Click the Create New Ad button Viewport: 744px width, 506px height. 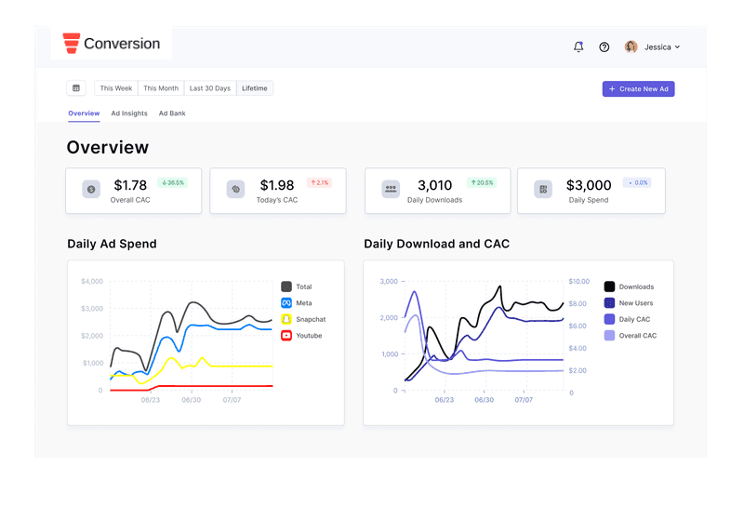[x=638, y=88]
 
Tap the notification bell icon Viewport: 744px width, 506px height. [x=578, y=47]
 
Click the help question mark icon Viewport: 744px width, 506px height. [x=604, y=47]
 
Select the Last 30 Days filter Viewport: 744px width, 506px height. [x=210, y=88]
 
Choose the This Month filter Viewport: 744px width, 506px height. [x=161, y=88]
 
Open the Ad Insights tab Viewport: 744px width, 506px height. [x=129, y=113]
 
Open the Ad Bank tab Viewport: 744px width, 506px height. [x=172, y=113]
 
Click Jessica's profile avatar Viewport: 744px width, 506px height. [x=631, y=47]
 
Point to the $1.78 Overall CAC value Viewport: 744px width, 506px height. [x=130, y=185]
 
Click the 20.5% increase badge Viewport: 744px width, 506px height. [x=482, y=182]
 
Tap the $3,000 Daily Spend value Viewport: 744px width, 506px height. [x=589, y=185]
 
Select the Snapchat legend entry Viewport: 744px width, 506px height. [x=304, y=319]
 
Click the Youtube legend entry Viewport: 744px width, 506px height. [x=301, y=336]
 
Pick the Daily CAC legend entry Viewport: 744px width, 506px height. [x=627, y=319]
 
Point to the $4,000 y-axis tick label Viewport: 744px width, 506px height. [x=92, y=282]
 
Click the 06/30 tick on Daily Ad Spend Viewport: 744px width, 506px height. [x=192, y=400]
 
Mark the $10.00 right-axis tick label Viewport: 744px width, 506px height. [x=578, y=282]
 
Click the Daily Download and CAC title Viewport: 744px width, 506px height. [x=436, y=244]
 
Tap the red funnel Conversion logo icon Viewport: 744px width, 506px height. [x=72, y=43]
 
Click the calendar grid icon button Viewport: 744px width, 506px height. [x=76, y=88]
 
